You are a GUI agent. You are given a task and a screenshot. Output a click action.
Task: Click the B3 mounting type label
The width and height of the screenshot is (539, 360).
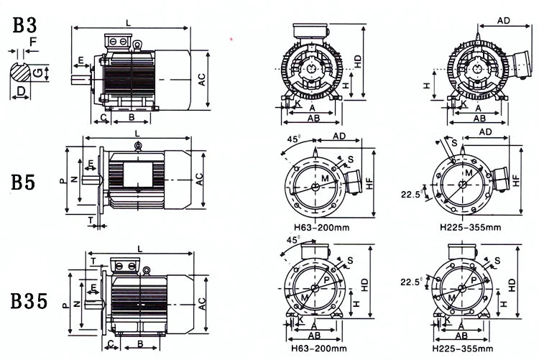pos(24,27)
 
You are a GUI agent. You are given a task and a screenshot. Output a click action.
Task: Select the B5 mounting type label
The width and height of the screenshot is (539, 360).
pos(24,183)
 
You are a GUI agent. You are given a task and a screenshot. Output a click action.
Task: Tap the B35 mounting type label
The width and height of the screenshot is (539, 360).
pos(29,300)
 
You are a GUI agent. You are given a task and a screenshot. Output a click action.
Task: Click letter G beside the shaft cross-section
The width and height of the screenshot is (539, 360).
pos(47,72)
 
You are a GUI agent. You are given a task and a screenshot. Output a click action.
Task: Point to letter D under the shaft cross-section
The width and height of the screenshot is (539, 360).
pos(22,91)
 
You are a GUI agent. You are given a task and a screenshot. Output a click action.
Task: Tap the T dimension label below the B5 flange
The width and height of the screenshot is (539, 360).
pos(91,218)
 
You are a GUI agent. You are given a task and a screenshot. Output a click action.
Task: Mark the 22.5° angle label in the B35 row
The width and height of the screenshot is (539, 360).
pos(411,282)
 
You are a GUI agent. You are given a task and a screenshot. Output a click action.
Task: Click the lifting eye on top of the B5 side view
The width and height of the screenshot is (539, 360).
pos(137,147)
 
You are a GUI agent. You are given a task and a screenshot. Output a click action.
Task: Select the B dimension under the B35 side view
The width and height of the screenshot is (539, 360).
pos(139,344)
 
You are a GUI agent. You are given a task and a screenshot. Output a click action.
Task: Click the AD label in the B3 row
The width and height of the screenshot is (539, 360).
pos(505,22)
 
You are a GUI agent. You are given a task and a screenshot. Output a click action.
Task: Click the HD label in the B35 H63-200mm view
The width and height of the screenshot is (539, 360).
pos(366,285)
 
